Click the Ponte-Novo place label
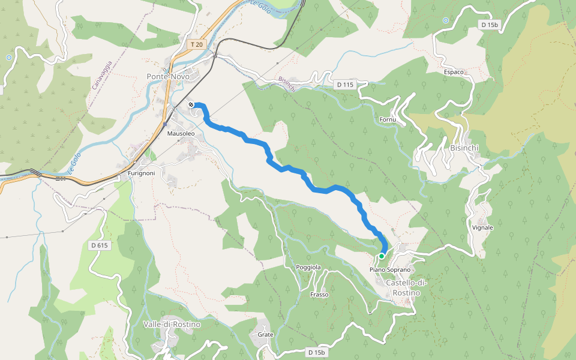click(x=168, y=77)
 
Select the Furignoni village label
click(x=142, y=173)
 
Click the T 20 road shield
click(x=197, y=45)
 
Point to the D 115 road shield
click(x=345, y=85)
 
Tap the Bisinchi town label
click(x=463, y=148)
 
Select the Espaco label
click(x=454, y=72)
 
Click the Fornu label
click(x=388, y=120)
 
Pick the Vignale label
click(x=482, y=228)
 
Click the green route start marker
click(x=381, y=256)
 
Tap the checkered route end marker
click(x=191, y=105)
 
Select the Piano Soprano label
click(x=389, y=270)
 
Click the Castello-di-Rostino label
click(x=403, y=287)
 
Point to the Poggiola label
click(x=308, y=267)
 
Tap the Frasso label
click(x=319, y=295)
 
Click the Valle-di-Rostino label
click(x=172, y=325)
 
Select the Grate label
click(x=265, y=334)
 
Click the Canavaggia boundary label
click(x=103, y=75)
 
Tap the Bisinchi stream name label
click(x=287, y=85)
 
